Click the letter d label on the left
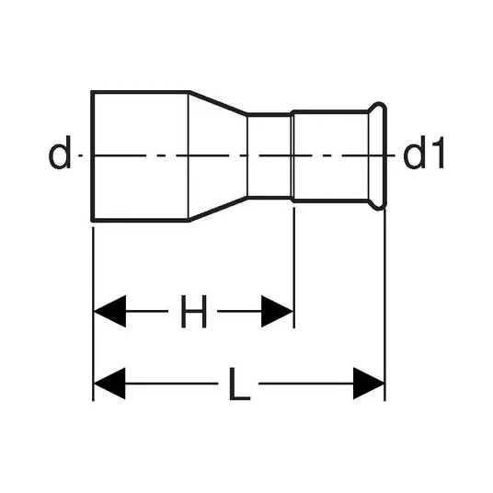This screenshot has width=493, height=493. pyautogui.click(x=60, y=153)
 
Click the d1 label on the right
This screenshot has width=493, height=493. pyautogui.click(x=423, y=153)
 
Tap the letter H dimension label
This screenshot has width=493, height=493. pyautogui.click(x=194, y=311)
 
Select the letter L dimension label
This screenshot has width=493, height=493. pyautogui.click(x=239, y=384)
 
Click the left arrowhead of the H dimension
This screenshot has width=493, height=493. pyautogui.click(x=110, y=311)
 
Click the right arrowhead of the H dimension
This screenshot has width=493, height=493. pyautogui.click(x=277, y=311)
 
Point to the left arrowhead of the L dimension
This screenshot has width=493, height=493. pyautogui.click(x=109, y=384)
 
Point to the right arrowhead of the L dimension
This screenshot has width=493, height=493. pyautogui.click(x=369, y=384)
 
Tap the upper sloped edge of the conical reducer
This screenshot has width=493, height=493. pyautogui.click(x=218, y=103)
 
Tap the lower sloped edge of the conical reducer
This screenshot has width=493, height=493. pyautogui.click(x=218, y=209)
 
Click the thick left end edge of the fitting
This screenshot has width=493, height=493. pyautogui.click(x=92, y=156)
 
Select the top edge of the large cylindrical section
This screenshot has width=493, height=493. pyautogui.click(x=141, y=92)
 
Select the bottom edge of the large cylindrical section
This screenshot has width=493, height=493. pyautogui.click(x=141, y=220)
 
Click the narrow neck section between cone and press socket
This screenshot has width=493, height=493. pyautogui.click(x=269, y=156)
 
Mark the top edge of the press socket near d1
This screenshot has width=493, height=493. pyautogui.click(x=330, y=111)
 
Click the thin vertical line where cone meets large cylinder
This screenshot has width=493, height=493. pyautogui.click(x=189, y=156)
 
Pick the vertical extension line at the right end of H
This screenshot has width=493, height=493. pyautogui.click(x=294, y=268)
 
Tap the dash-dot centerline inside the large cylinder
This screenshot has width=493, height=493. pyautogui.click(x=141, y=155)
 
